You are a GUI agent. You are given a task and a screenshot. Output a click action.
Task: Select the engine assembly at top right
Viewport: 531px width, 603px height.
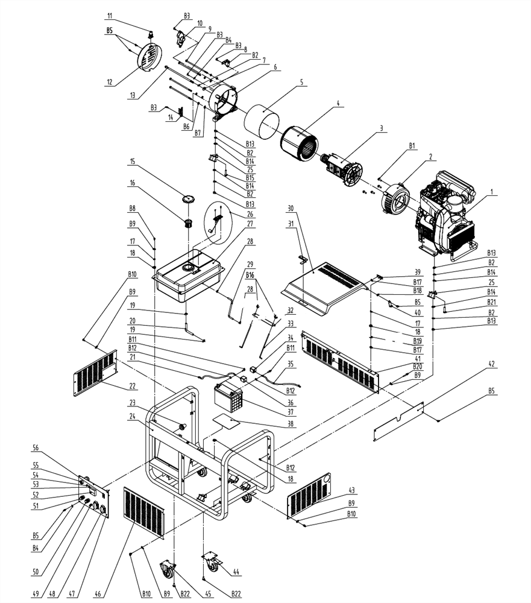(443, 214)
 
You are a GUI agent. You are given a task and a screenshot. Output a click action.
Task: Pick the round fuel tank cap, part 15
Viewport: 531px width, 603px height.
(188, 200)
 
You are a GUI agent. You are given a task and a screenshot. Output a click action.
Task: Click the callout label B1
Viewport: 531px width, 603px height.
(412, 146)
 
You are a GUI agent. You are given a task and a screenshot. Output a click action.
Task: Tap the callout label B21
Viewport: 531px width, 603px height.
(492, 302)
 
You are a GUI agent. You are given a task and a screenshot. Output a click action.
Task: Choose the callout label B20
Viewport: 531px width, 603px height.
(417, 367)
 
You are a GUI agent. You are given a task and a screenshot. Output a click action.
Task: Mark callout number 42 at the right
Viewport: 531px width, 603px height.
(492, 364)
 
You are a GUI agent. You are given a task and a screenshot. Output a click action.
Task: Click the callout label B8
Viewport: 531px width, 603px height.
(132, 209)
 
